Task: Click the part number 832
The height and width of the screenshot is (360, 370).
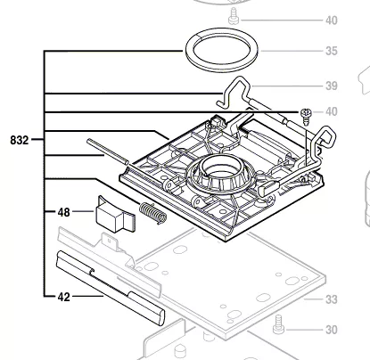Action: coord(20,140)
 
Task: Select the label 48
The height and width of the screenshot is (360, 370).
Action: coord(64,212)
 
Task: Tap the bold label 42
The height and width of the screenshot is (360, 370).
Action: coord(64,297)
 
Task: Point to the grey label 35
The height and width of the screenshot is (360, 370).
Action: coord(332,51)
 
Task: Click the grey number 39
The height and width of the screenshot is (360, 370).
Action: coord(332,86)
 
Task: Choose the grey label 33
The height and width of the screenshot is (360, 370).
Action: coord(332,299)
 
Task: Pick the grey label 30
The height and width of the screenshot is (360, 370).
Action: coord(332,330)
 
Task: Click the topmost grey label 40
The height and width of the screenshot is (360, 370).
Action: coord(332,20)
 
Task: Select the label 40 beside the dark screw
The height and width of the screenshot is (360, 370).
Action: coord(332,111)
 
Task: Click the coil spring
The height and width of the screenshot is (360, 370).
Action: coord(153,213)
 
